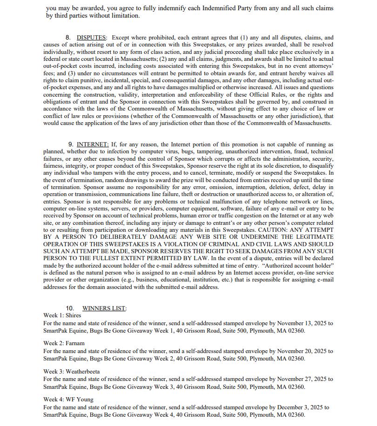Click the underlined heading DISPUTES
pyautogui.click(x=91, y=37)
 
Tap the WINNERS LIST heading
pyautogui.click(x=104, y=308)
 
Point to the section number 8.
pyautogui.click(x=68, y=37)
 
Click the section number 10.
pyautogui.click(x=70, y=308)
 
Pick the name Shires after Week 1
pyautogui.click(x=73, y=315)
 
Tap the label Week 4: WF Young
pyautogui.click(x=68, y=400)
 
